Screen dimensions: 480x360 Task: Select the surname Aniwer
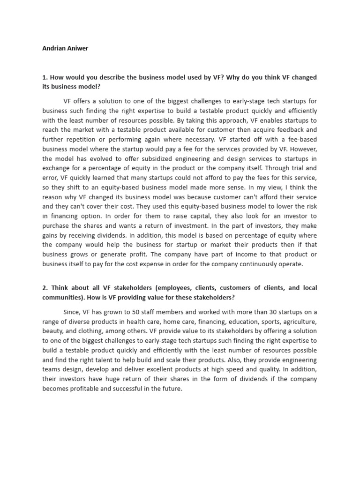coord(77,48)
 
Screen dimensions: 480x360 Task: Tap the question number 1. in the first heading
coord(45,77)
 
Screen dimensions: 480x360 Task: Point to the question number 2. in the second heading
coord(45,287)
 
